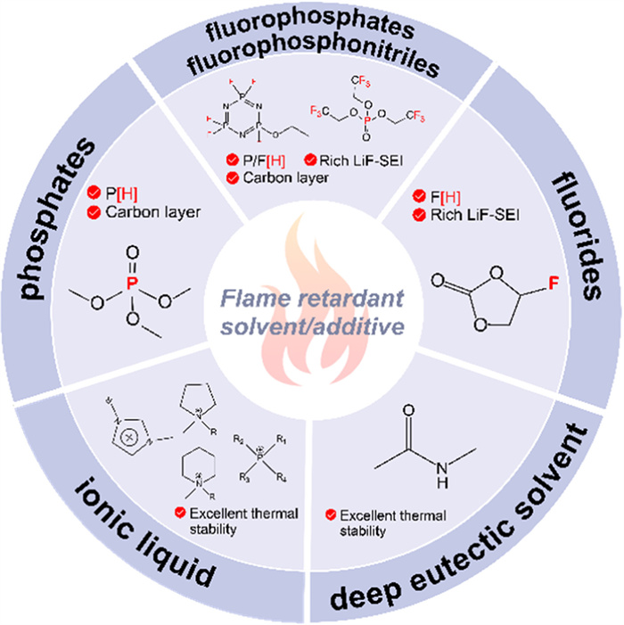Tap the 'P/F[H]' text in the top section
[262, 160]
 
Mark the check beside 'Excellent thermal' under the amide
[331, 514]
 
